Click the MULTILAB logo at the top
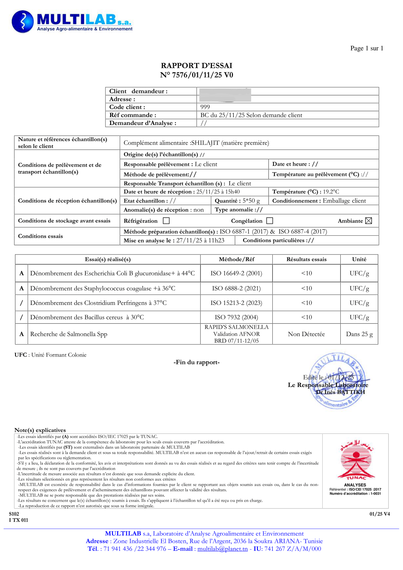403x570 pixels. click(72, 22)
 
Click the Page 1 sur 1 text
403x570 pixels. click(366, 48)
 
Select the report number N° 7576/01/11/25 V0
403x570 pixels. click(196, 75)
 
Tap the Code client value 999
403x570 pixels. click(205, 107)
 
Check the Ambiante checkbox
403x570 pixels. click(369, 221)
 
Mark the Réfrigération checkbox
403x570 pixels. click(166, 221)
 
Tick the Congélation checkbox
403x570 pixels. click(270, 221)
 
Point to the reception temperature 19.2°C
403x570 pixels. click(331, 192)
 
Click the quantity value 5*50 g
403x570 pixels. click(251, 201)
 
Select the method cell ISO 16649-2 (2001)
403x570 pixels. click(236, 273)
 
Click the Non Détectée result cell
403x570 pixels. click(306, 334)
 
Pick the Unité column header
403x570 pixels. click(359, 259)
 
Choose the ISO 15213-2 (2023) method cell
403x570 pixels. click(236, 303)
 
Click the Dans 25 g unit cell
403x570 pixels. click(359, 334)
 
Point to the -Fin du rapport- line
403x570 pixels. click(196, 362)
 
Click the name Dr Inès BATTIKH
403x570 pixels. click(340, 392)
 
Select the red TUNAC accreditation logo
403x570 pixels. click(356, 460)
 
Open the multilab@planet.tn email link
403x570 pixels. click(222, 549)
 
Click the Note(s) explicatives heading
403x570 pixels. click(40, 430)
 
